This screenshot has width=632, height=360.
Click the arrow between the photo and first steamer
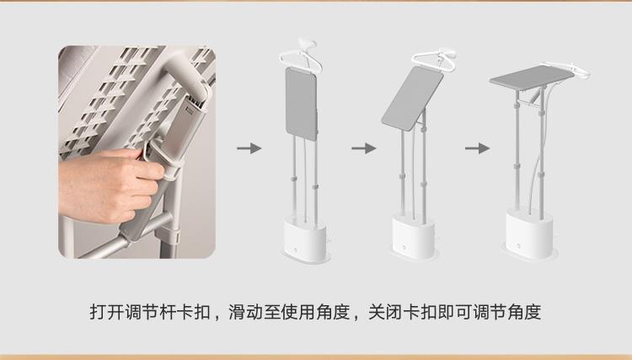pos(249,148)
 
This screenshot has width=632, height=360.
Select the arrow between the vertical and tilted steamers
pos(363,148)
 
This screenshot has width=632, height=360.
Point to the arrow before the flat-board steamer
pos(477,148)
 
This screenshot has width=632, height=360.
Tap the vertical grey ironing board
pos(301,104)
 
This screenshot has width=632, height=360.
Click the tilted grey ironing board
pos(412,99)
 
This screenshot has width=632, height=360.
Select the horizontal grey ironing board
pos(532,75)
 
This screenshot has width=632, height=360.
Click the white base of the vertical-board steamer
pos(306,239)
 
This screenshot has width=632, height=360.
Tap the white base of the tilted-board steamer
pos(414,238)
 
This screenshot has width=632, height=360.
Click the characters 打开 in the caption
pos(106,312)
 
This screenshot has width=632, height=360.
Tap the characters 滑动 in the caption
pos(246,312)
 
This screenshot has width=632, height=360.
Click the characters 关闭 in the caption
pos(385,312)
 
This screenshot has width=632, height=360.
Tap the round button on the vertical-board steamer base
pos(296,250)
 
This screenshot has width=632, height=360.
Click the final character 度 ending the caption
pos(533,312)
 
